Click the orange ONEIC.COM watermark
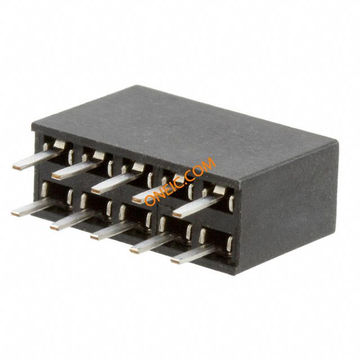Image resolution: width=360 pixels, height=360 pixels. [181, 181]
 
